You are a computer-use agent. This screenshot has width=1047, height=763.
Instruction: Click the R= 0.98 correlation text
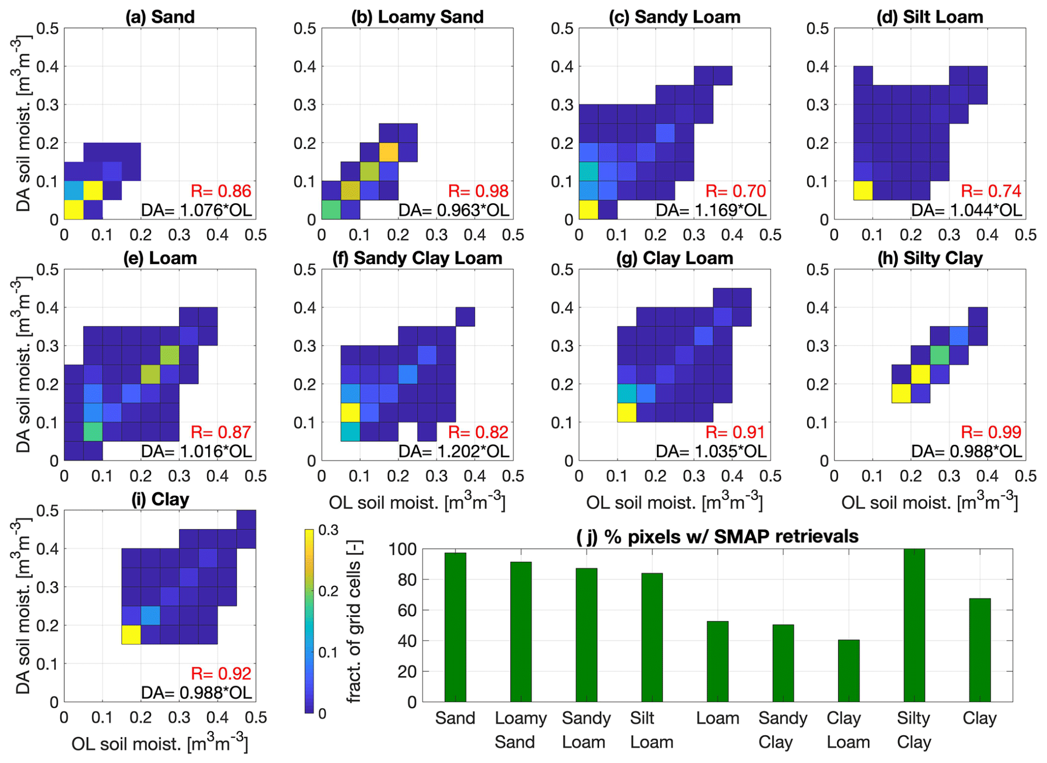[478, 191]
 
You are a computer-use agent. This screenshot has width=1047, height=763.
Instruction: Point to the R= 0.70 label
[735, 191]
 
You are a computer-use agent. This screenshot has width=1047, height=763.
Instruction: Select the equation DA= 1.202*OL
[454, 451]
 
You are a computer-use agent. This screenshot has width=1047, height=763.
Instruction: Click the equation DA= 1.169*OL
[711, 210]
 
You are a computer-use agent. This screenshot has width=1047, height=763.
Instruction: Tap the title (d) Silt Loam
[929, 17]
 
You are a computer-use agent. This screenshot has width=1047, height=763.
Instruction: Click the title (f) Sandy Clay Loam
[417, 258]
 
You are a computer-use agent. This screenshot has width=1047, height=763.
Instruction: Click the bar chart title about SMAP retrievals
[717, 536]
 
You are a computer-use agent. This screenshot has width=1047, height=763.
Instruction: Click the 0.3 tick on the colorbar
[328, 530]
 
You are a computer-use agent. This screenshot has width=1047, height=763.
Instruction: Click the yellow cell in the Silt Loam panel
[863, 190]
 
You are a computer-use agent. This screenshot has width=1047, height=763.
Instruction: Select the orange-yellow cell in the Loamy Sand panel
[389, 152]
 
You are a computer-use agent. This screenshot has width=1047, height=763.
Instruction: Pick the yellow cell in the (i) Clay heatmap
[131, 634]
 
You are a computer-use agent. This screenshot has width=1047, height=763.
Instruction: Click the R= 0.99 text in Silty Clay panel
[991, 432]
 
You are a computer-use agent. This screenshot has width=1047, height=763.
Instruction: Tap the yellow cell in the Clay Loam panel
[627, 412]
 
